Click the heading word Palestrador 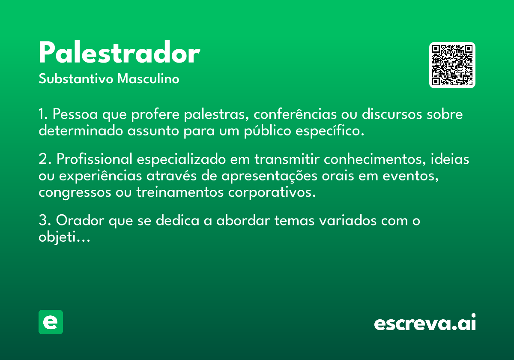pos(120,52)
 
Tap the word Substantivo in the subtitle pos(76,79)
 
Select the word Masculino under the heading pos(148,79)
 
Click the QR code pos(452,65)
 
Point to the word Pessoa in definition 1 pos(75,114)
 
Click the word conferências pos(295,114)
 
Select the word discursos pos(392,114)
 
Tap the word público pos(268,131)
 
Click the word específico pos(330,131)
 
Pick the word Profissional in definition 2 pos(94,159)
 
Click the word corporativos pos(272,192)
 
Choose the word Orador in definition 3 pos(80,220)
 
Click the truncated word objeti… pos(64,237)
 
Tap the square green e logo pos(51,322)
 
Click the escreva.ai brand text pos(425,322)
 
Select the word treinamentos pos(180,192)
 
